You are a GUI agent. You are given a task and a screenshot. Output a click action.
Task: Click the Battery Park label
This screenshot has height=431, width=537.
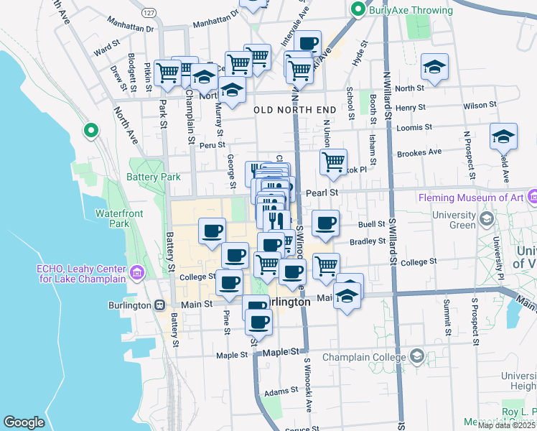pos(153,177)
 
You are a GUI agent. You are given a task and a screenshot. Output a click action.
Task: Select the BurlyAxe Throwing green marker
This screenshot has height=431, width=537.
pos(358,10)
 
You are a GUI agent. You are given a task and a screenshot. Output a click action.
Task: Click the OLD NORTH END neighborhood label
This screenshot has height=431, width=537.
pos(294,109)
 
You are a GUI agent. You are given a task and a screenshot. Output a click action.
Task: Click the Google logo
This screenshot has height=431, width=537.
pos(24,422)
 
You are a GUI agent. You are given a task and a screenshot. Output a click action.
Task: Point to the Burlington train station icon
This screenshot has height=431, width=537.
pos(159,305)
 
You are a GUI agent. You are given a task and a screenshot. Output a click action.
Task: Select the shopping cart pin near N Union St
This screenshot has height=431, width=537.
pos(333,162)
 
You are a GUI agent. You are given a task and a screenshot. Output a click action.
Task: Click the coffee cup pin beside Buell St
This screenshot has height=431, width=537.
pos(325,223)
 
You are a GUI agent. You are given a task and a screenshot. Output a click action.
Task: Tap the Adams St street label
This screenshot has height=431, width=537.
pos(280,391)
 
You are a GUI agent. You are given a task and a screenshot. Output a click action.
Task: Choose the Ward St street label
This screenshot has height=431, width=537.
pos(106,51)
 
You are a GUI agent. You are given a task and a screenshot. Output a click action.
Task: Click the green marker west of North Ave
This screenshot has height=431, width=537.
pos(90,131)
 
